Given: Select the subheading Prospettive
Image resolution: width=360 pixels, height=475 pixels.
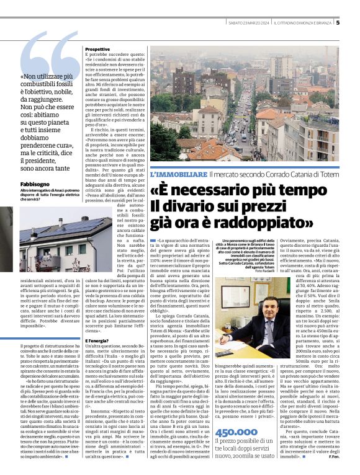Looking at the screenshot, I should coord(97,48).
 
